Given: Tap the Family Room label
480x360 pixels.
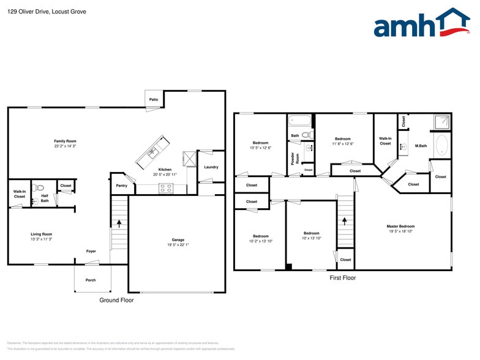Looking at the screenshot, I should tap(65, 141).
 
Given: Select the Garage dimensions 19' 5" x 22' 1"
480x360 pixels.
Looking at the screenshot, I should tap(178, 246).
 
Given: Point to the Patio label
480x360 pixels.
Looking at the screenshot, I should tap(154, 99).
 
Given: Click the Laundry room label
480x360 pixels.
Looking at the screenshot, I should tap(211, 167).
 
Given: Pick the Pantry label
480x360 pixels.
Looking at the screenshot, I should tap(121, 186).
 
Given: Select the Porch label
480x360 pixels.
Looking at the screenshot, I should tap(91, 280).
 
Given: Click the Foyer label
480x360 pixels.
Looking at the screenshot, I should tap(91, 251).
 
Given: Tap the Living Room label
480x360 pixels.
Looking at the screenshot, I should tap(42, 234).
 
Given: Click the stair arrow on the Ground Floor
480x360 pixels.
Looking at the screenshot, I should tap(119, 225).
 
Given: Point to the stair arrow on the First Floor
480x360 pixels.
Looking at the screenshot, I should tap(345, 219).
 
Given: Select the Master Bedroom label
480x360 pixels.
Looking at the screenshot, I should tap(400, 226).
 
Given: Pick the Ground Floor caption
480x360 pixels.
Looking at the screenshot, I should tap(116, 301).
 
